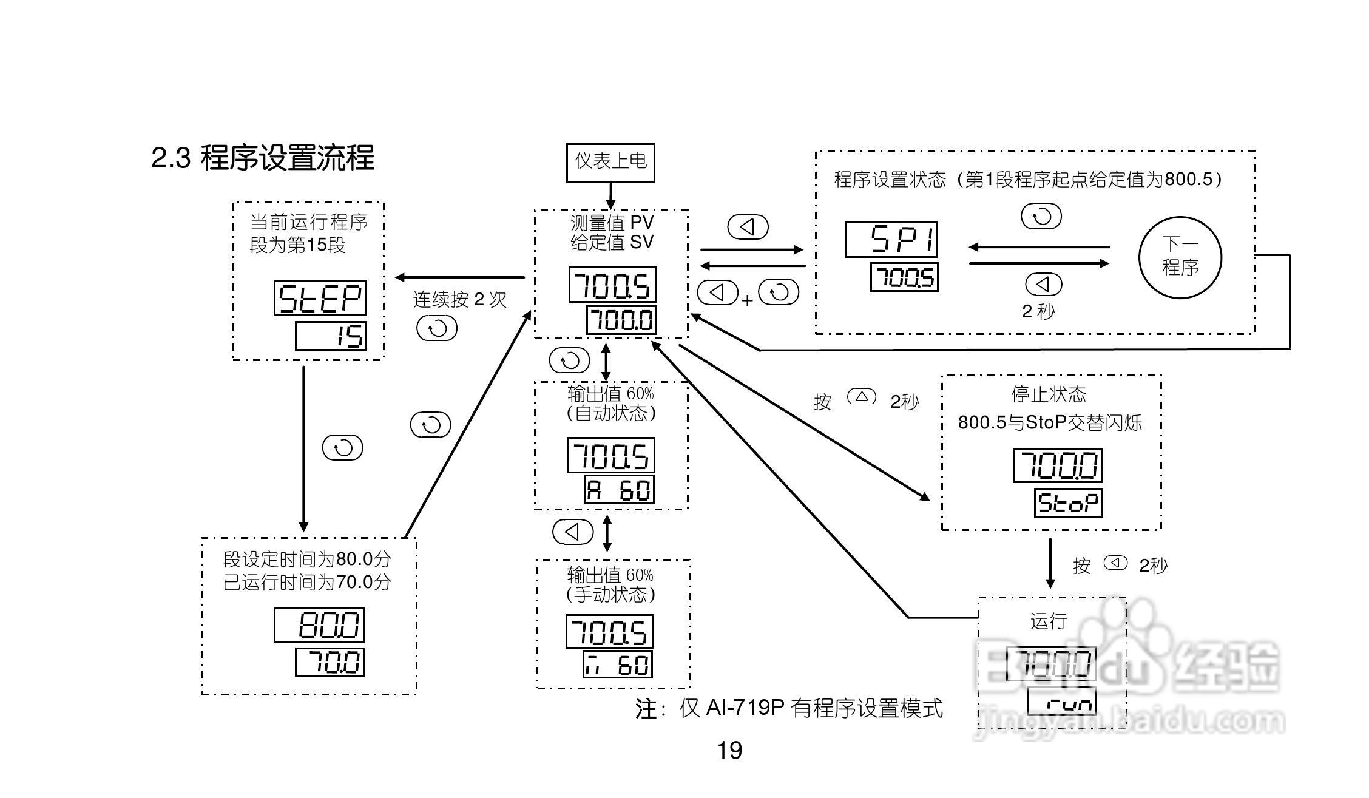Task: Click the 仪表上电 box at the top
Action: click(x=610, y=162)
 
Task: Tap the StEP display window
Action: click(x=320, y=298)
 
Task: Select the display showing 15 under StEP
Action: click(x=331, y=336)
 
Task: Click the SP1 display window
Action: click(x=891, y=240)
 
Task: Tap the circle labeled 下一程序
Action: click(x=1180, y=257)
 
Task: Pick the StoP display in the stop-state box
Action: click(x=1068, y=503)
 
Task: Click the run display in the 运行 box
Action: click(x=1062, y=702)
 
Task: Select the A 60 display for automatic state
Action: click(x=619, y=489)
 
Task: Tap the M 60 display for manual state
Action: click(x=618, y=664)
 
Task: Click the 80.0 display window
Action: click(x=319, y=625)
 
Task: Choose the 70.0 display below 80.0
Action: click(x=330, y=662)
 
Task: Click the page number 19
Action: click(x=729, y=751)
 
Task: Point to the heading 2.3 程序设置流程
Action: click(x=262, y=158)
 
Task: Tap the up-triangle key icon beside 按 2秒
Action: click(x=861, y=397)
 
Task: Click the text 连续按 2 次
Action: click(x=459, y=299)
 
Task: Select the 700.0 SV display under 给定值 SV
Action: click(x=621, y=320)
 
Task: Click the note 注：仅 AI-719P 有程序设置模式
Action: click(x=789, y=708)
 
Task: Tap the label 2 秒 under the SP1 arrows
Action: click(x=1038, y=311)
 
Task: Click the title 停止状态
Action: click(x=1048, y=394)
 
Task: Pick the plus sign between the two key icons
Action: click(x=748, y=300)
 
